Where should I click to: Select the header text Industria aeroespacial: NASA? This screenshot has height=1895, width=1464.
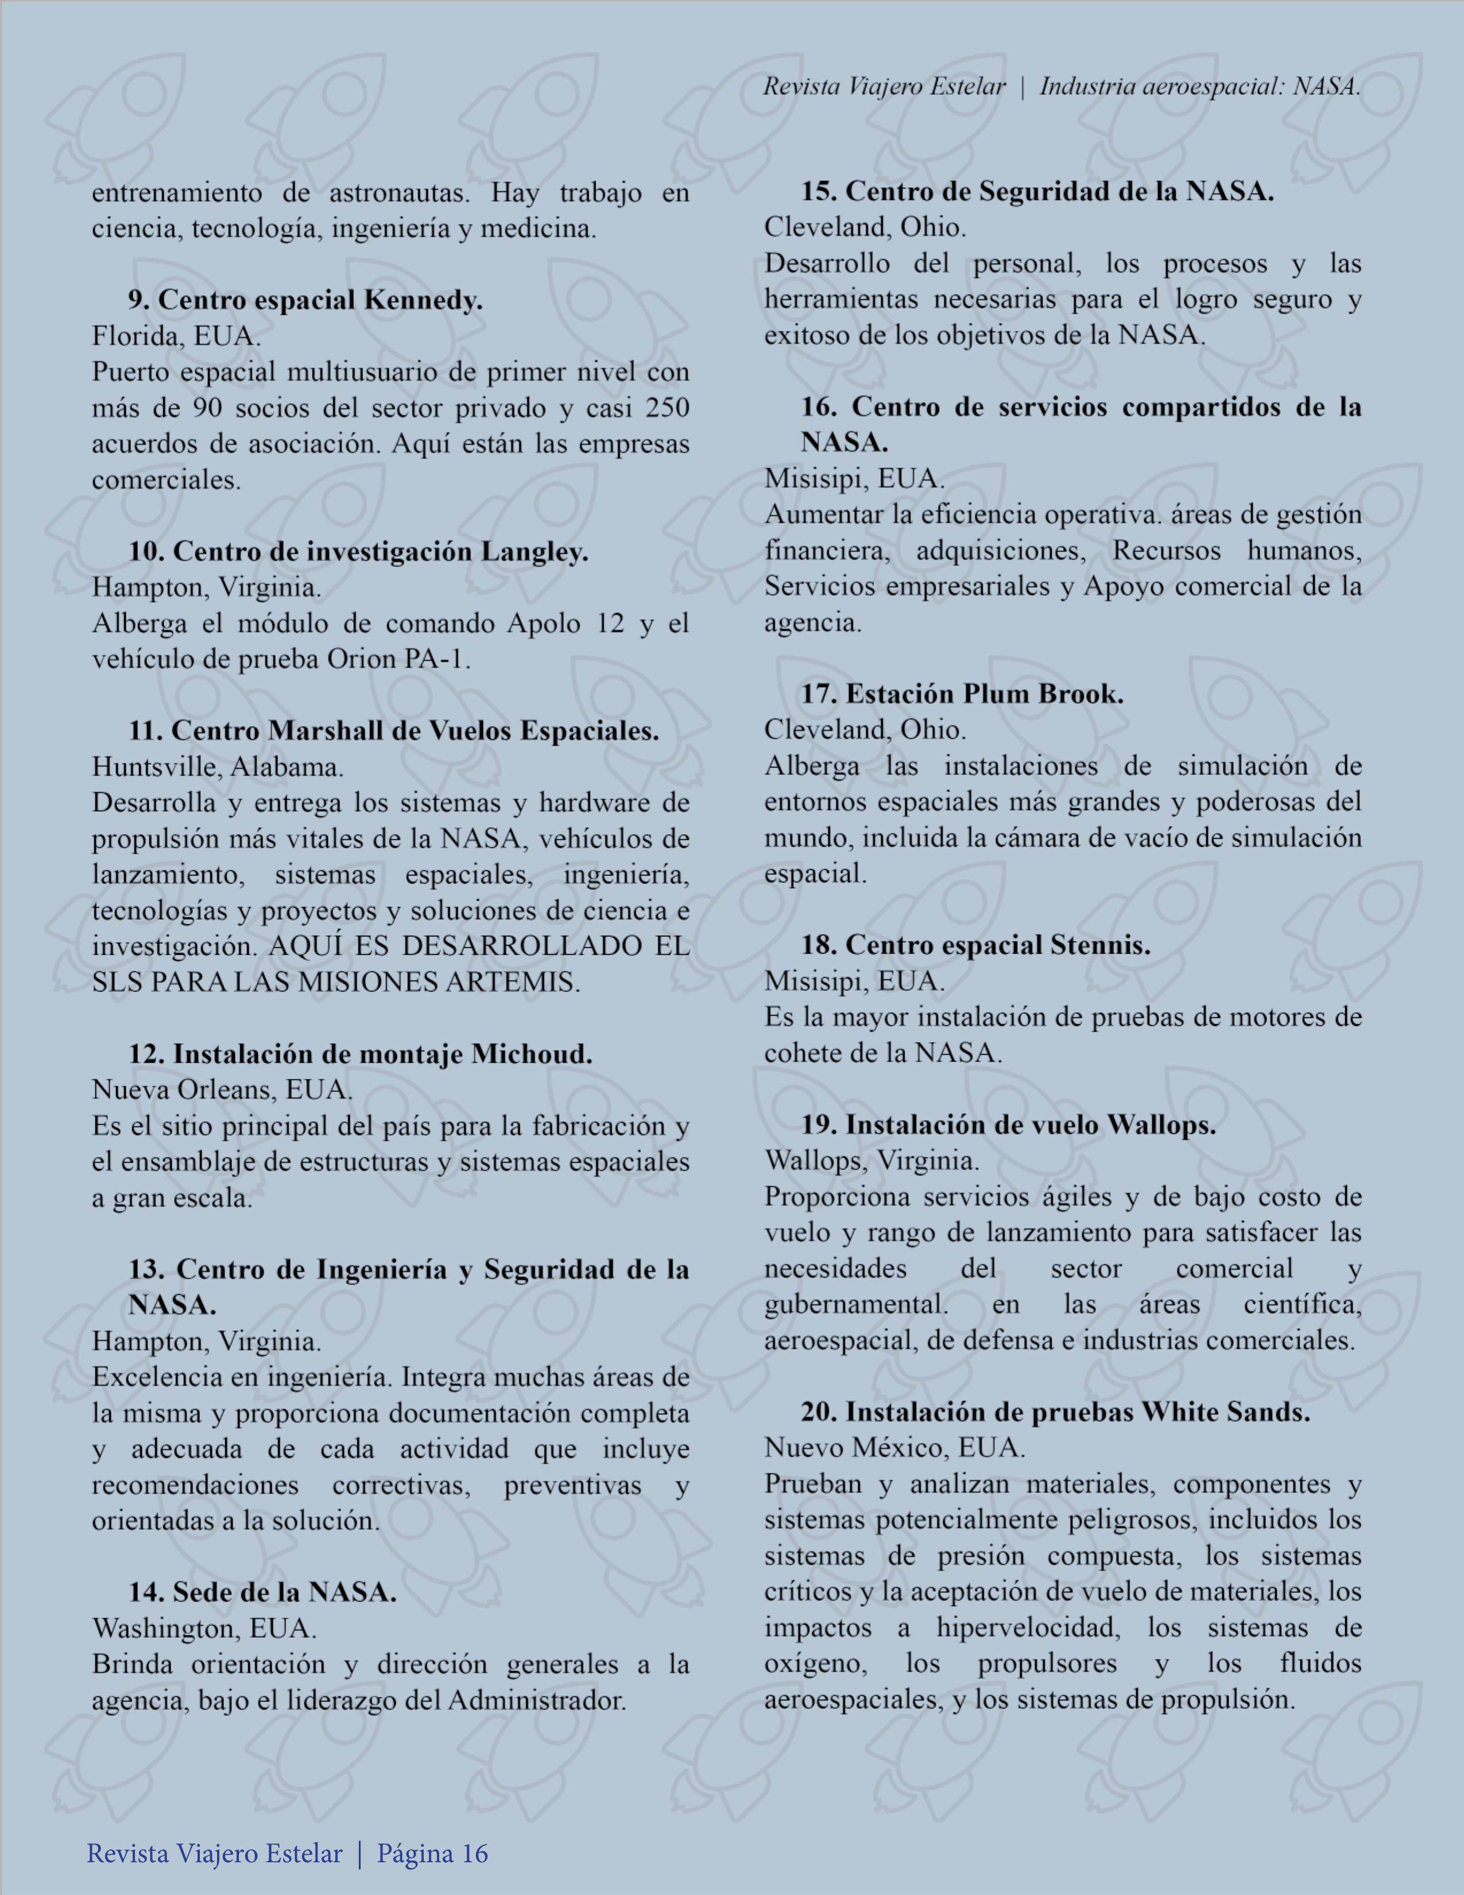(1199, 87)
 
